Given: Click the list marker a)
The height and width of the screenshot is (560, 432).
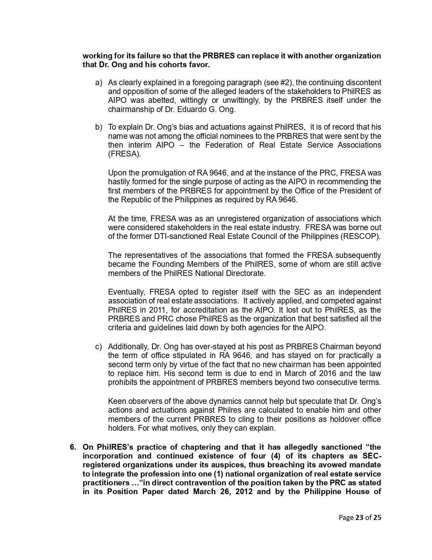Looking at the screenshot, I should (99, 83).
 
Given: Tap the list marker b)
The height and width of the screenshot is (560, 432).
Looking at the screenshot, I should (99, 127).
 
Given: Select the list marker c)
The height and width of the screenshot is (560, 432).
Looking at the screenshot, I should (99, 347).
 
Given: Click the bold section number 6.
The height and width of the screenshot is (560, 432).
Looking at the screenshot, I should (73, 447).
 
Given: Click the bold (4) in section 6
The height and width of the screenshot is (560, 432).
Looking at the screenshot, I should (276, 456).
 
